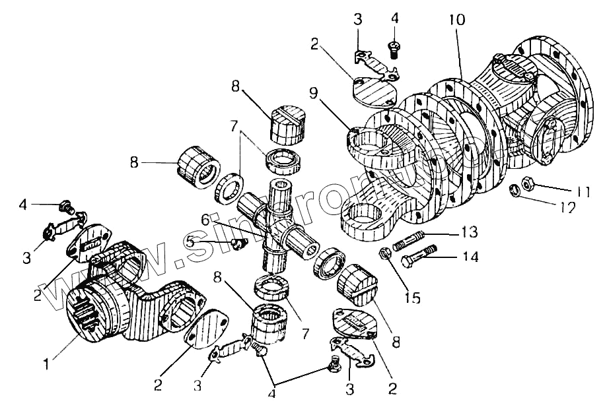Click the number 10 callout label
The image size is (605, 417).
click(x=456, y=20)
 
